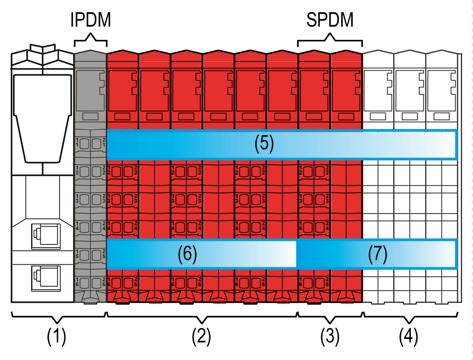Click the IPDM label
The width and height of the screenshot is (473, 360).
pos(90,21)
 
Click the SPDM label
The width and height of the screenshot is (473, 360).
pos(330,21)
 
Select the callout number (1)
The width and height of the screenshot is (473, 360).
pos(57,337)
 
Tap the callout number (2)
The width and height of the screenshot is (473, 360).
pos(202,337)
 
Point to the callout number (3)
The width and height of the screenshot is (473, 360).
pos(330,337)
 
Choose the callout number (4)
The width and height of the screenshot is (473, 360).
pos(408,337)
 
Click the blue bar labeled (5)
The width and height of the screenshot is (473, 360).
pos(281,145)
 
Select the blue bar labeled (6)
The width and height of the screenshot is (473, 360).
pos(202,254)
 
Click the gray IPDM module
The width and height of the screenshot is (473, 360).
pos(90,179)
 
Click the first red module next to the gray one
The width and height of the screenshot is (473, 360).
pos(123,179)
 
